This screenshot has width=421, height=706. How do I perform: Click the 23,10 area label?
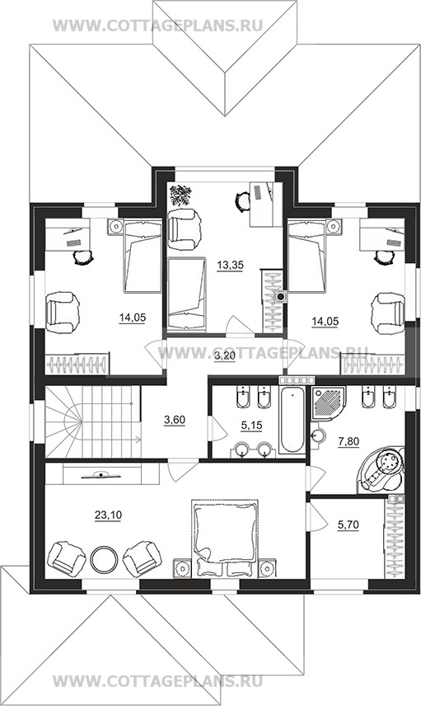tap(108, 515)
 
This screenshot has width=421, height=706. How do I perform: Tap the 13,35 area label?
tap(230, 266)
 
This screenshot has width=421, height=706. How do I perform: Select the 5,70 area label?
tap(348, 525)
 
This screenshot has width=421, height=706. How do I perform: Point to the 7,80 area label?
tap(348, 442)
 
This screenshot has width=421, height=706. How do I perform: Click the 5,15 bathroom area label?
tap(251, 425)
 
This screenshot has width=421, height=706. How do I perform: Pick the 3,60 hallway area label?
tap(175, 420)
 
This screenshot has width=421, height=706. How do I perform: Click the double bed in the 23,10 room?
tap(225, 538)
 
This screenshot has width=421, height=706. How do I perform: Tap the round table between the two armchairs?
tap(104, 560)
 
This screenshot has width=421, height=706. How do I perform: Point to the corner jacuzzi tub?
tap(380, 468)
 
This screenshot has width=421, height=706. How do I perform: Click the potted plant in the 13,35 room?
tap(180, 195)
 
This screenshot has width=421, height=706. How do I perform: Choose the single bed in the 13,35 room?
tap(186, 294)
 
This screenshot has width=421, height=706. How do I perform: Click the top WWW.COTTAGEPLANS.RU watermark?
tap(157, 26)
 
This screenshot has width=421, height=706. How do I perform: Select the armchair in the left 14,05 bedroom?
tap(63, 313)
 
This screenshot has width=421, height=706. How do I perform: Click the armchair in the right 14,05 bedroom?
tap(390, 313)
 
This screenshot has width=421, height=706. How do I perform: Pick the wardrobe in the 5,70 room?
tap(395, 537)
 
